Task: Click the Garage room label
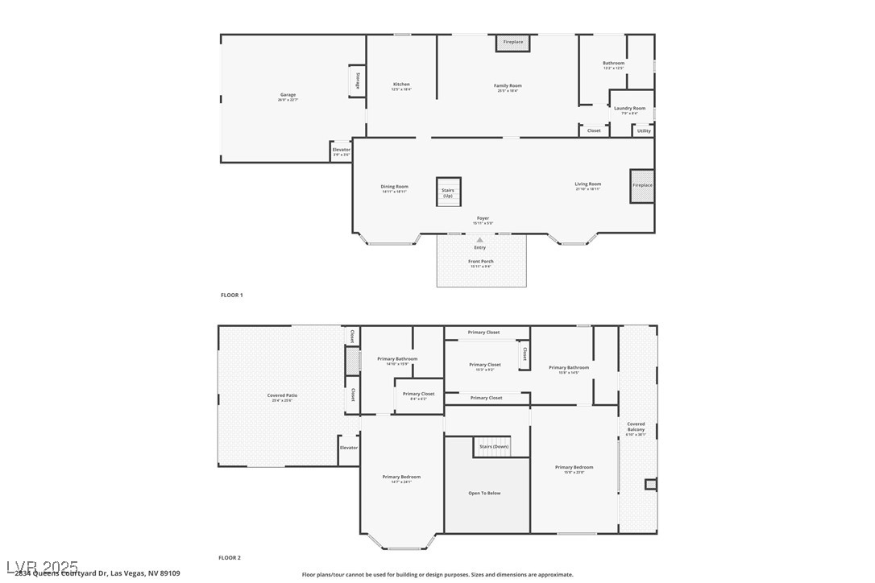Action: pos(288,96)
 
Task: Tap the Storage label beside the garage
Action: pos(358,81)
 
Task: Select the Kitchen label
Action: pos(401,85)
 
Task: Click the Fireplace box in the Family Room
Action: pos(513,43)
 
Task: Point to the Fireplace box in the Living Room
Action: pos(642,186)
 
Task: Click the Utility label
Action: pos(644,130)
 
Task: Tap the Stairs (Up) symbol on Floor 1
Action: pos(448,192)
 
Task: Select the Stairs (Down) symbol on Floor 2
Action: pos(492,446)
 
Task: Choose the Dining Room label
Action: pos(395,188)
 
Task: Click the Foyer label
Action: pos(483,219)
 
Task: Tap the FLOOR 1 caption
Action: pos(231,296)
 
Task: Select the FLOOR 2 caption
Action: pos(230,557)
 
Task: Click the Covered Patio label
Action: pos(282,396)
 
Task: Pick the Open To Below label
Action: pos(484,493)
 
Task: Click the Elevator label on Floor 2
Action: pos(349,448)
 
